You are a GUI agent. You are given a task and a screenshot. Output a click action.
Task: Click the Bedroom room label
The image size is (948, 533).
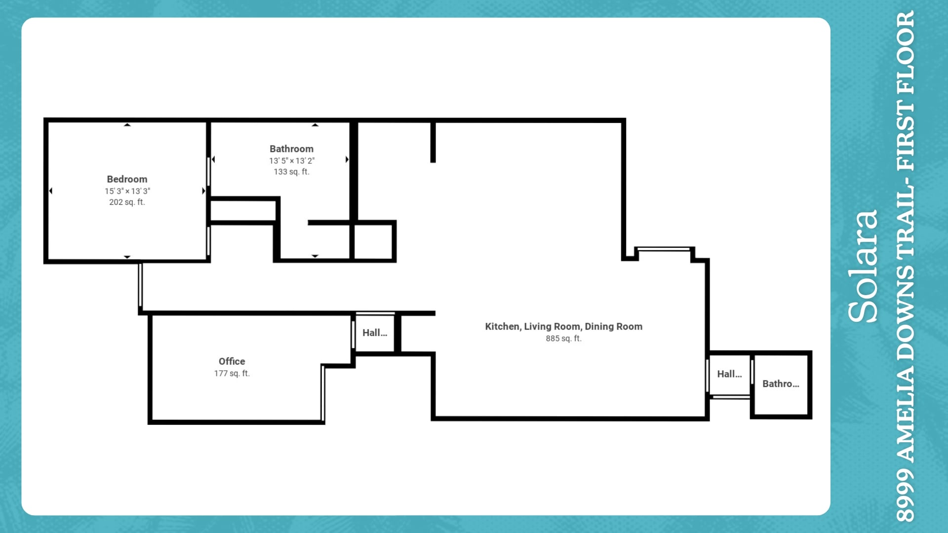(x=127, y=179)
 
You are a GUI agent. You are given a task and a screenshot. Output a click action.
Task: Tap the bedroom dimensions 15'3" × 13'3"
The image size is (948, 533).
(x=127, y=191)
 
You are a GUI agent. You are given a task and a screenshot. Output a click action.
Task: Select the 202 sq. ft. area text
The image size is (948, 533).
(x=127, y=202)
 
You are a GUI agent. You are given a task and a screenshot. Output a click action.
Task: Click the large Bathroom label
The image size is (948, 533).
(x=291, y=149)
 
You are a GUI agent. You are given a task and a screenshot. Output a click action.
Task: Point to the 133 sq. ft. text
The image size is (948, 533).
(x=291, y=172)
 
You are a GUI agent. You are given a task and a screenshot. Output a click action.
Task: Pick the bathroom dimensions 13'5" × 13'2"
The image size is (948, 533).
(x=292, y=160)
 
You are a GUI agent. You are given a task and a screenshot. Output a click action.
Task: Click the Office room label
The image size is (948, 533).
(x=232, y=361)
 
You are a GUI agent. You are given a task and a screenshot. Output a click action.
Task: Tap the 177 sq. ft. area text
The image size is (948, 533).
(x=232, y=374)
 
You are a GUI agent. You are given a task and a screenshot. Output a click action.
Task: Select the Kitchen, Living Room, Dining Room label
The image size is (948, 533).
(x=564, y=327)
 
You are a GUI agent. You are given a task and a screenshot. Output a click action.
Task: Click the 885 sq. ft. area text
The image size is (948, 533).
(x=564, y=339)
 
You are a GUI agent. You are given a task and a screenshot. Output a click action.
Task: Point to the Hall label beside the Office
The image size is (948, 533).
(x=375, y=333)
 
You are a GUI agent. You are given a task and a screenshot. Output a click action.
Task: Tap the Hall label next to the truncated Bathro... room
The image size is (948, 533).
(x=729, y=374)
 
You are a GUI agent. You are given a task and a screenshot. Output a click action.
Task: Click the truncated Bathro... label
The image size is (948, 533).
(x=781, y=383)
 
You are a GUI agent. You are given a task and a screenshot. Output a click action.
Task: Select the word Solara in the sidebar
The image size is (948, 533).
(x=863, y=266)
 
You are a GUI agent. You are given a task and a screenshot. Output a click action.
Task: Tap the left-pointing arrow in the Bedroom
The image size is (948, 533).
(x=51, y=191)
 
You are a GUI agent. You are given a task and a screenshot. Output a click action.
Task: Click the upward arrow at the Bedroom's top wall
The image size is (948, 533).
(x=127, y=125)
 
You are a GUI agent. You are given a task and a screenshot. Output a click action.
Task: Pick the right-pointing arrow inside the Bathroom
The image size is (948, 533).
(x=347, y=159)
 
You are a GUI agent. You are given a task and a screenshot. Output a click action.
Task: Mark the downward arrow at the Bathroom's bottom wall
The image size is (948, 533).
(x=315, y=256)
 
